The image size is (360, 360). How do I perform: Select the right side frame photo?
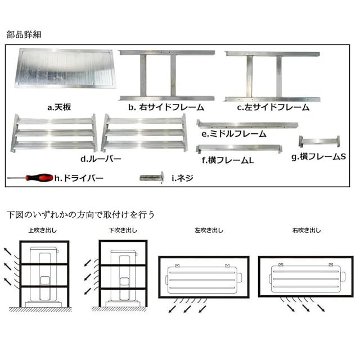pyautogui.click(x=168, y=75)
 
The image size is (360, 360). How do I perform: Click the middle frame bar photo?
pyautogui.click(x=247, y=124)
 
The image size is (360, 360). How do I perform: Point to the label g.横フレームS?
pyautogui.click(x=318, y=156)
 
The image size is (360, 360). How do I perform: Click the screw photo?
pyautogui.click(x=151, y=177)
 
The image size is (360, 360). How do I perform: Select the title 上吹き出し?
pyautogui.click(x=42, y=231)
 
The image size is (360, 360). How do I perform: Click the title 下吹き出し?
pyautogui.click(x=122, y=231)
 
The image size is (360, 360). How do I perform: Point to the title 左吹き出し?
pyautogui.click(x=208, y=231)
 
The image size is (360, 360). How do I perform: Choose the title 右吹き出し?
pyautogui.click(x=307, y=231)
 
